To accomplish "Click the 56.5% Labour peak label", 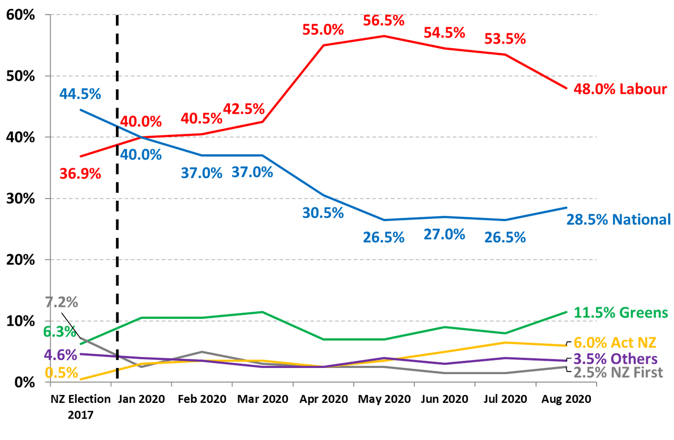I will (x=384, y=21).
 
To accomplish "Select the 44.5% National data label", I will (x=80, y=95).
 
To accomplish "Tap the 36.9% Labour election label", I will (x=80, y=173).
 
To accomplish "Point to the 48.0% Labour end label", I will (x=620, y=89).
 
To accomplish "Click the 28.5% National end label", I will (x=619, y=219).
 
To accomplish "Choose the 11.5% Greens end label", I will (x=621, y=313).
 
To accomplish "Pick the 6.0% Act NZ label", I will (x=615, y=343).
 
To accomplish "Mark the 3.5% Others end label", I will (x=615, y=359).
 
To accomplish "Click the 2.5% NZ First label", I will (x=618, y=373).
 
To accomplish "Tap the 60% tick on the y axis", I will (x=21, y=15).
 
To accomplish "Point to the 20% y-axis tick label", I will (x=21, y=260).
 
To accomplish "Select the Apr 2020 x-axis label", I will (x=324, y=399).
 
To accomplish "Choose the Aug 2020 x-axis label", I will (x=567, y=399).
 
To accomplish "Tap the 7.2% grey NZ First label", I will (x=61, y=302).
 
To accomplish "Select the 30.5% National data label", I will (x=323, y=213).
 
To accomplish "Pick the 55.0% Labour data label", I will (x=323, y=30).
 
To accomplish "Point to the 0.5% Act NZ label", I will (x=61, y=373).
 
